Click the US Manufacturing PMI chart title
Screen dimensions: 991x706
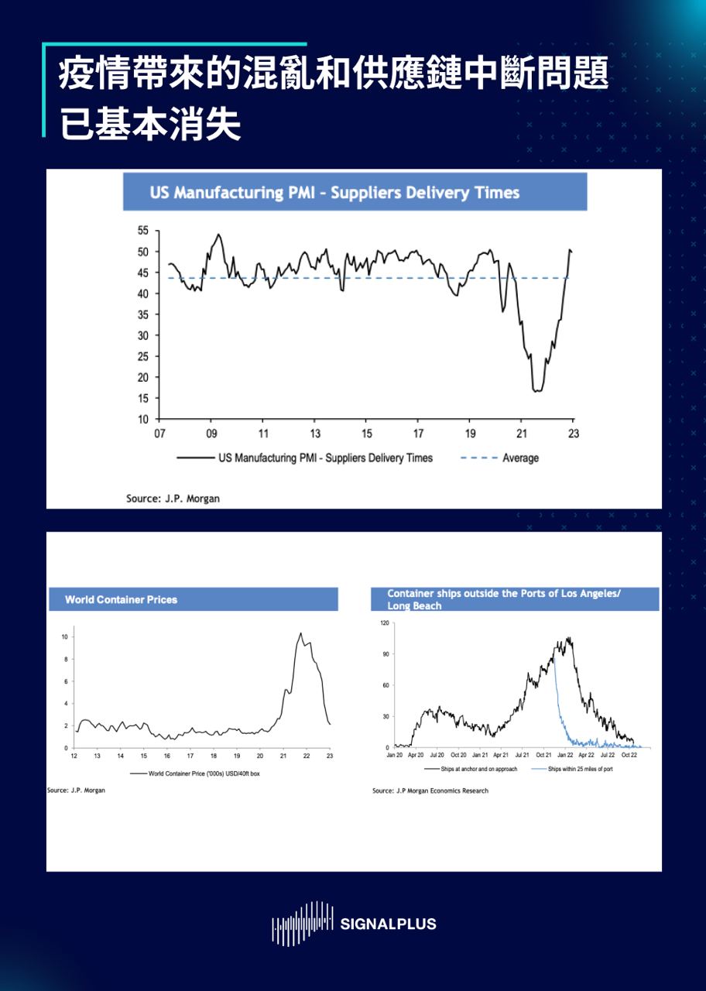click(x=334, y=193)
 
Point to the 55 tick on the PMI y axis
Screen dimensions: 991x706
click(x=143, y=231)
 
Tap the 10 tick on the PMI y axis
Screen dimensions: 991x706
click(x=143, y=420)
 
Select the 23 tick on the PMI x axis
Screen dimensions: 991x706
click(x=573, y=434)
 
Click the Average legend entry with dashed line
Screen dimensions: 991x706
click(x=499, y=458)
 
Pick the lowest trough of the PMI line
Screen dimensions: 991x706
click(x=536, y=391)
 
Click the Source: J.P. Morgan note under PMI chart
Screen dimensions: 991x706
click(x=173, y=499)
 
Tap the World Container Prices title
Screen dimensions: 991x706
click(x=121, y=599)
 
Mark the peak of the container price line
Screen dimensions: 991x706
click(x=300, y=633)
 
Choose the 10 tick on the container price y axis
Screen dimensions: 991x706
click(x=66, y=636)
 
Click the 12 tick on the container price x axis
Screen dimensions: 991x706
click(x=74, y=755)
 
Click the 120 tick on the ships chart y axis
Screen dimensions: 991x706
click(x=384, y=622)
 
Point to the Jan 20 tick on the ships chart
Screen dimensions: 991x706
click(x=394, y=755)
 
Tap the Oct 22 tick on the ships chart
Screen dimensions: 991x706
click(x=629, y=755)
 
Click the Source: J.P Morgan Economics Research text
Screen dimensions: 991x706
click(x=430, y=790)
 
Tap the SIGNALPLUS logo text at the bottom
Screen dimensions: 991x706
click(x=388, y=924)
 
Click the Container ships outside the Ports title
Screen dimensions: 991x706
click(x=505, y=599)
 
